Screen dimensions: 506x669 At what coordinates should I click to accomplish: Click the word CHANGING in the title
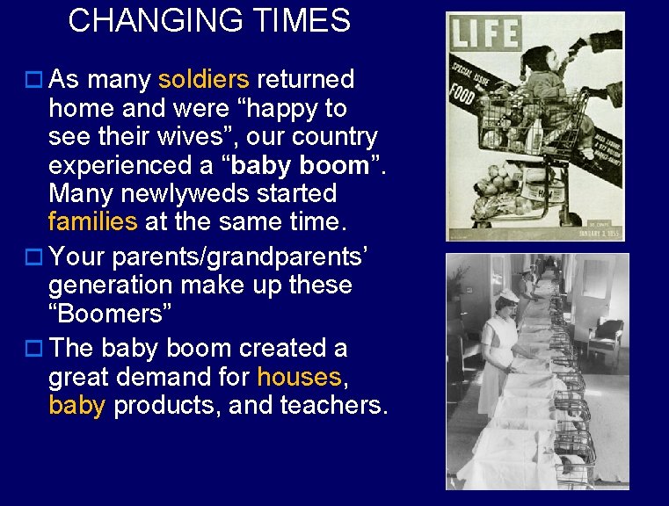pyautogui.click(x=155, y=20)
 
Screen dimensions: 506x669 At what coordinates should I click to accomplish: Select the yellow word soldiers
pyautogui.click(x=204, y=80)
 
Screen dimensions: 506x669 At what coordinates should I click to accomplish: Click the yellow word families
pyautogui.click(x=93, y=221)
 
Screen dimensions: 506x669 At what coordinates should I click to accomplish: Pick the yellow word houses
pyautogui.click(x=299, y=377)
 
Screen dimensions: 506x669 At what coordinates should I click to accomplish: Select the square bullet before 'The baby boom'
pyautogui.click(x=33, y=350)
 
